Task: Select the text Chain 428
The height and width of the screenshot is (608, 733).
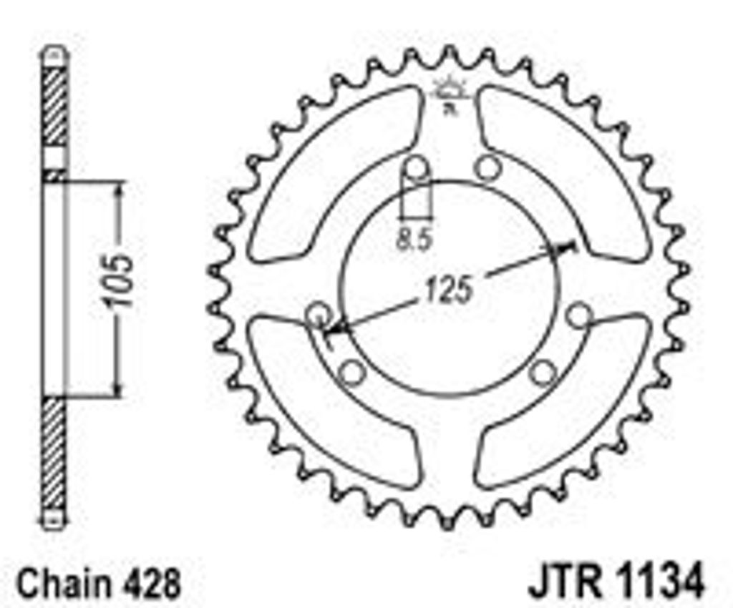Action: point(98,583)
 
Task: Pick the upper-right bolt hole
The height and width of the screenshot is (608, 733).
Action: point(488,167)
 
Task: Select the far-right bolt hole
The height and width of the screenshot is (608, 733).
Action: point(578,316)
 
